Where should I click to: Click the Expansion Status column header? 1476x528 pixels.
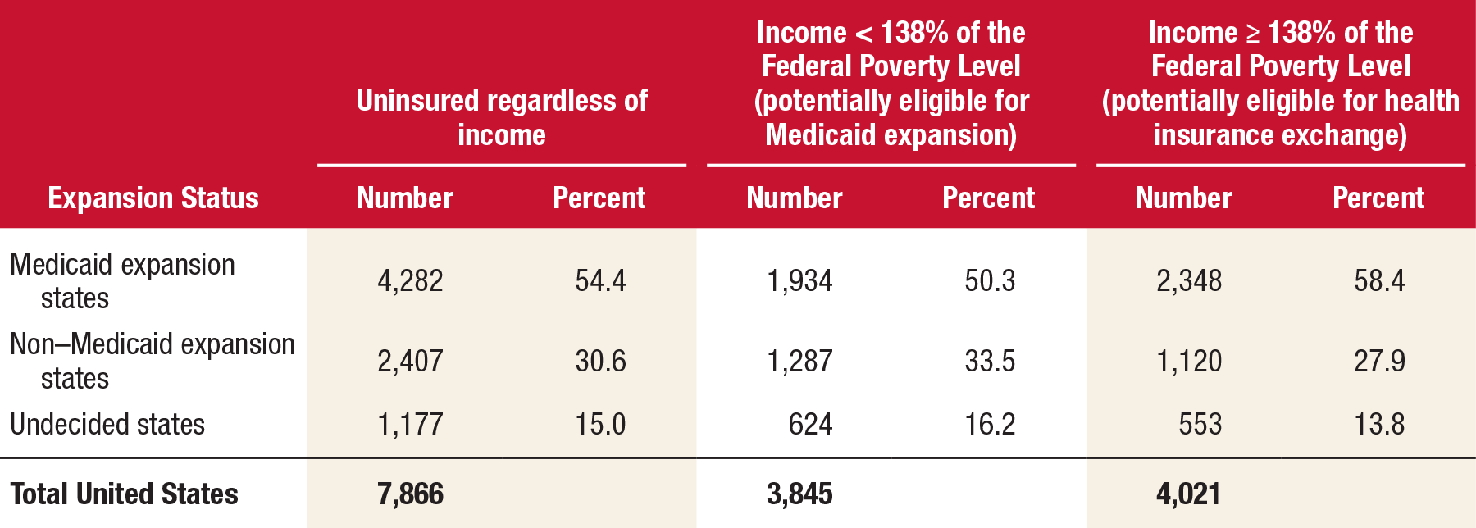point(153,198)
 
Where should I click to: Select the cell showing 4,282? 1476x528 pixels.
point(410,281)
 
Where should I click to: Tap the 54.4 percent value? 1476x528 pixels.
point(600,281)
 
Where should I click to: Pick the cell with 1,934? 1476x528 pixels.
point(799,281)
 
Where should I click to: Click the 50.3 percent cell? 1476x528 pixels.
point(990,281)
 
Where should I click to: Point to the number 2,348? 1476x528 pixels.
point(1189,281)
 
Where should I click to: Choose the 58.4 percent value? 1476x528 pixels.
point(1379,281)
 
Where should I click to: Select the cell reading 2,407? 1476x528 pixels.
point(410,361)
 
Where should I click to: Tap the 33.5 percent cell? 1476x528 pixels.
point(990,361)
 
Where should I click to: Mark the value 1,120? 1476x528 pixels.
point(1189,361)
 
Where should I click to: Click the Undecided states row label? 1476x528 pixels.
point(107,425)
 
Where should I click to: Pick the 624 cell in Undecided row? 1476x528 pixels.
point(810,425)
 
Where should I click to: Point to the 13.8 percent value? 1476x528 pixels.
point(1379,425)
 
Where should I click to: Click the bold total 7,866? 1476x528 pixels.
point(410,494)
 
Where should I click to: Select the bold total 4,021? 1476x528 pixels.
point(1188,494)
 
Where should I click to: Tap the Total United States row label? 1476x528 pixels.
point(124,494)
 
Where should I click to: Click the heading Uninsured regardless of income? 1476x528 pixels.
point(502,117)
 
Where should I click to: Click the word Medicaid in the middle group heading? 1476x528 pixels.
point(813,135)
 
